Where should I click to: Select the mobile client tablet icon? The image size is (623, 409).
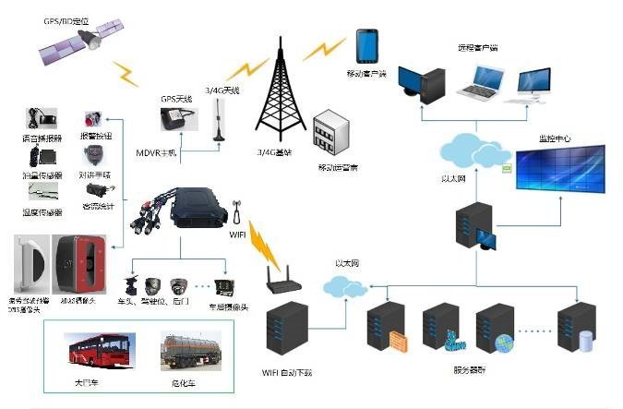click(365, 46)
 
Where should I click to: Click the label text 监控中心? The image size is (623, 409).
click(555, 139)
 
